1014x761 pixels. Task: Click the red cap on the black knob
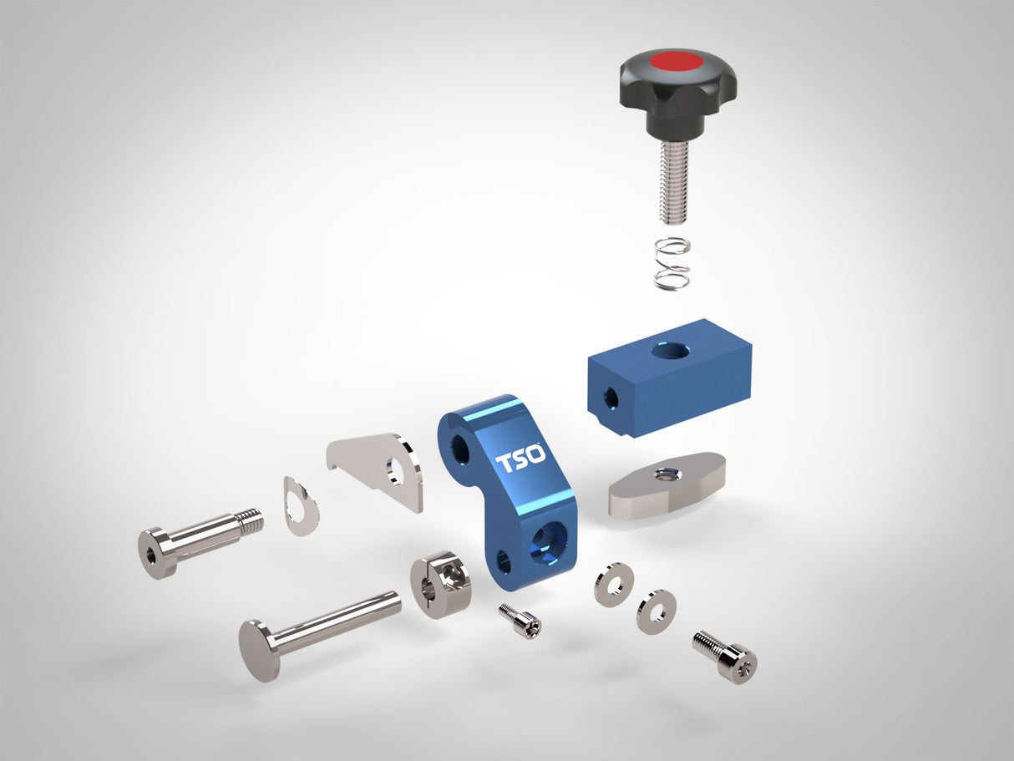[x=677, y=61]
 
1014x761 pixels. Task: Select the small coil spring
[x=672, y=263]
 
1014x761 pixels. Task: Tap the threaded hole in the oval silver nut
[x=667, y=474]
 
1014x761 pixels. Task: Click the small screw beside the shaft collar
[x=520, y=621]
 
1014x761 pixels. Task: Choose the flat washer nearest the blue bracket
[x=614, y=584]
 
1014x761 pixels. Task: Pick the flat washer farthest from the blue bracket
[x=656, y=611]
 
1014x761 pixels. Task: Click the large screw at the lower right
[x=725, y=657]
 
